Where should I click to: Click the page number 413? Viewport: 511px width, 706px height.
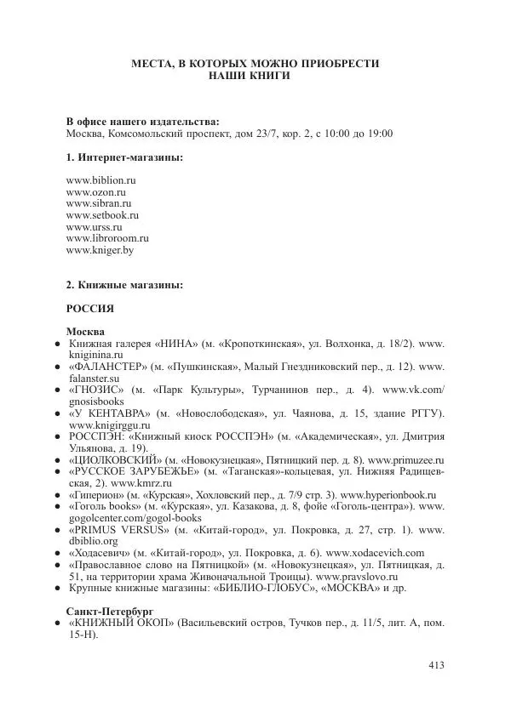[x=434, y=666]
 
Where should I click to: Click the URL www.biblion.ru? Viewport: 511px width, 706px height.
[x=100, y=181]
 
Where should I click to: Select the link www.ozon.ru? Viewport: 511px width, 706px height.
[x=95, y=193]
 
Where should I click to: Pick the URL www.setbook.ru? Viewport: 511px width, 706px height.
[x=101, y=216]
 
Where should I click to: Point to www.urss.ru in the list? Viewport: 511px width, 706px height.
[x=94, y=228]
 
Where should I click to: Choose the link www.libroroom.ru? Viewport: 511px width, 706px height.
[x=106, y=239]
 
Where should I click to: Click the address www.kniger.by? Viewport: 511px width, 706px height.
[x=100, y=251]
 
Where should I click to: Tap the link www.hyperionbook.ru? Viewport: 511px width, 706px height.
[x=388, y=495]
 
